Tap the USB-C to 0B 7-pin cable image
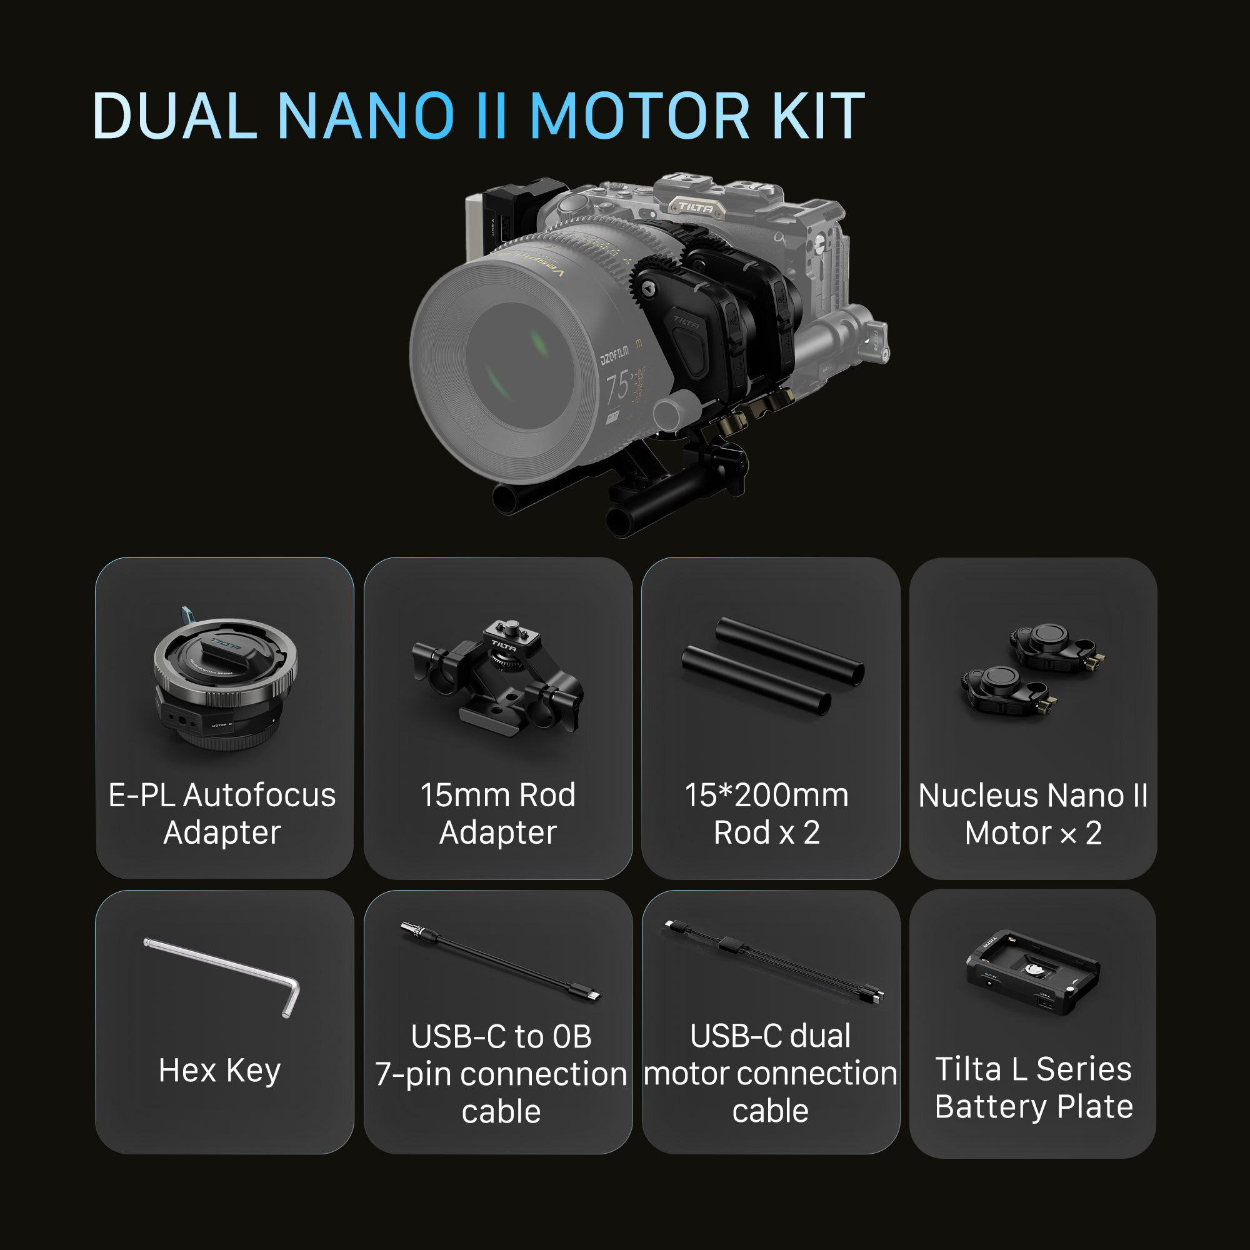(499, 961)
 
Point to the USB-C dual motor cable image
(772, 960)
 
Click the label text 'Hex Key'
(220, 1070)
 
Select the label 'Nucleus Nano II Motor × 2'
(1032, 814)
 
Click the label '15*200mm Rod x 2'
(767, 814)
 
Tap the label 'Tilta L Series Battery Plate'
(1033, 1087)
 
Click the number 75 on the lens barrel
(617, 386)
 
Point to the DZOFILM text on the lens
(614, 355)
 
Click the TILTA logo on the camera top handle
(696, 207)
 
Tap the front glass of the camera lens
(517, 366)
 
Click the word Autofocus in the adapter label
(259, 795)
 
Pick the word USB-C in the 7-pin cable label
(458, 1036)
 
